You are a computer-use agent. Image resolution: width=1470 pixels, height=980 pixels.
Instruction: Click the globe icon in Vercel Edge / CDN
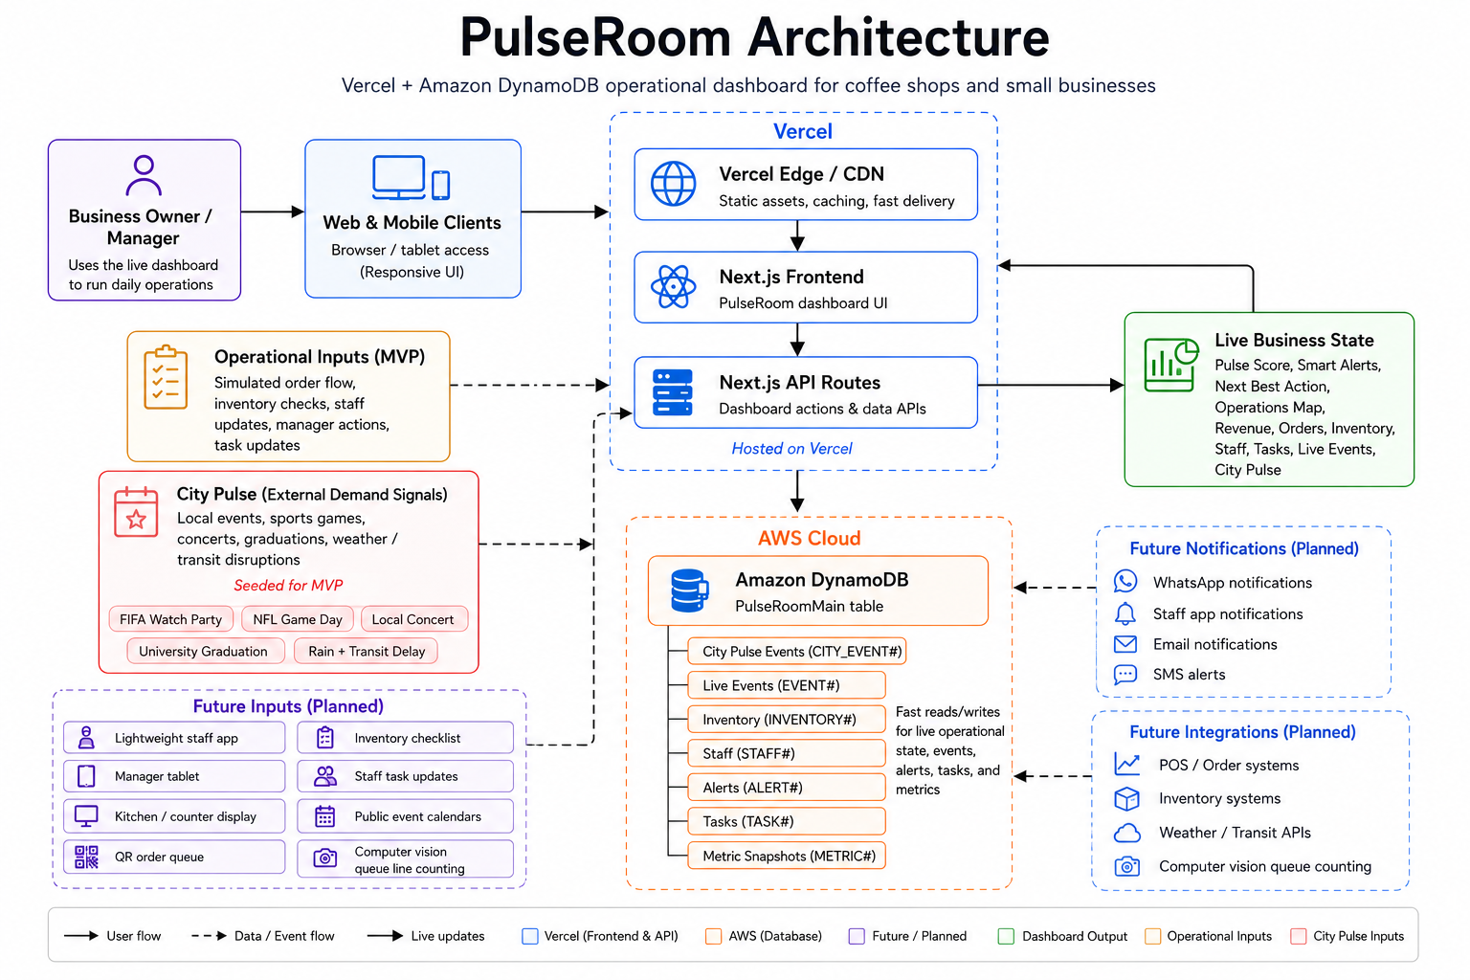(673, 184)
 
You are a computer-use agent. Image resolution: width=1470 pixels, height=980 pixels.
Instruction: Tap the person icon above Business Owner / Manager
(143, 174)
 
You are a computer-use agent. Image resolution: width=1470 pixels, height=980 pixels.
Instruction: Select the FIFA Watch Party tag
(170, 619)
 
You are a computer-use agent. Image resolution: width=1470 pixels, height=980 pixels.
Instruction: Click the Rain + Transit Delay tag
(367, 651)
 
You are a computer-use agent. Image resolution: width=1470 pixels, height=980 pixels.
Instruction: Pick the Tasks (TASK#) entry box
(786, 821)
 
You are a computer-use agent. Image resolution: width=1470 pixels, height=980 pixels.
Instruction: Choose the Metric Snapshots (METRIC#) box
(786, 856)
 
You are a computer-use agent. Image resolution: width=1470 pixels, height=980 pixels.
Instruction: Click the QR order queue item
(174, 857)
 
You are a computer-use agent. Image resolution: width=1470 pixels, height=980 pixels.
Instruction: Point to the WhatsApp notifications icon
(1125, 582)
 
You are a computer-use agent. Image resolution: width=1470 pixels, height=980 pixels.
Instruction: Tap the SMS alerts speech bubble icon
(1125, 674)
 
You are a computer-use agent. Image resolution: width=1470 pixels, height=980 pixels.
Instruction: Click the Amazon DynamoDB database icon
(689, 590)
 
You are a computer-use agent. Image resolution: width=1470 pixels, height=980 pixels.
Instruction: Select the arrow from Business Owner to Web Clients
(273, 212)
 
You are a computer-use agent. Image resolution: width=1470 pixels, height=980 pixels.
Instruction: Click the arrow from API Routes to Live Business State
(1051, 385)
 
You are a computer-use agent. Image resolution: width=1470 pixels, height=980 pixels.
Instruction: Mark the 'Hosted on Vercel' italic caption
(791, 448)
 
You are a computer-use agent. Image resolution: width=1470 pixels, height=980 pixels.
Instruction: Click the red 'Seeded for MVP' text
(288, 585)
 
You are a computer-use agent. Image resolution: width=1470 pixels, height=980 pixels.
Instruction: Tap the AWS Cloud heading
(809, 538)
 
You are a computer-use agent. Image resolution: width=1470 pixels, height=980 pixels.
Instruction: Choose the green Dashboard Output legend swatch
(1006, 936)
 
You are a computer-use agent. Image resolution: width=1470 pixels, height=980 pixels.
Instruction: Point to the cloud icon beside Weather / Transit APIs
(1126, 833)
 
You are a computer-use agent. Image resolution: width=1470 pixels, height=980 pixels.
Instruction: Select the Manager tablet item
(174, 776)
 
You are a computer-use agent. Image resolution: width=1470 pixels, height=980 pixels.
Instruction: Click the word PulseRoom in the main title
(595, 37)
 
